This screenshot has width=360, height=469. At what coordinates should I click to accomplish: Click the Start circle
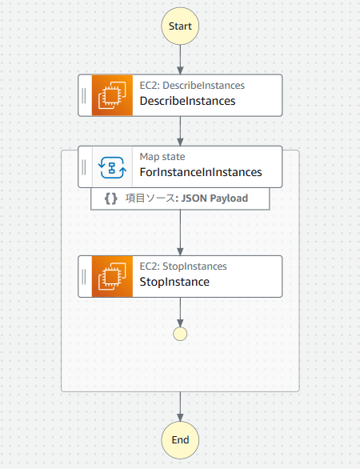coord(180,26)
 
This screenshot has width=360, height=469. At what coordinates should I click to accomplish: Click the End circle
coord(180,440)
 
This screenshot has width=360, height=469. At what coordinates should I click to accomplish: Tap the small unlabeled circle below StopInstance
coord(180,334)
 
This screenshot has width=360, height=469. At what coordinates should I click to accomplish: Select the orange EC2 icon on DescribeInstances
coord(112,95)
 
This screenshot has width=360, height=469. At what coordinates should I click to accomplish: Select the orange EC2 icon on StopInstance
coord(112,276)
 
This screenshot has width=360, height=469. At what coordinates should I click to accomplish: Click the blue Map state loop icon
coord(112,167)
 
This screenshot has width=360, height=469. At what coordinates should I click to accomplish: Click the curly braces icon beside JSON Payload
coord(111,198)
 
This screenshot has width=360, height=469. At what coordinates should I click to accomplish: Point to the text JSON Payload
coord(214,198)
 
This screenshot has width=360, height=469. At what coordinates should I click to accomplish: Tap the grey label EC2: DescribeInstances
coord(192,86)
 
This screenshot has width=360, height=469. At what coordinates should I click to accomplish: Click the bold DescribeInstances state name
coord(187,101)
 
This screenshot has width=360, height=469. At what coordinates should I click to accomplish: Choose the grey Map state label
coord(162,157)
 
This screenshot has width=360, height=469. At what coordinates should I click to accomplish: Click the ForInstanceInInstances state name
coord(201,172)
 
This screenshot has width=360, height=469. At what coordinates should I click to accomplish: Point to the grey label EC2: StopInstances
coord(183,267)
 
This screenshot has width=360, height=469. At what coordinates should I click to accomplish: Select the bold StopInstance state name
coord(174,282)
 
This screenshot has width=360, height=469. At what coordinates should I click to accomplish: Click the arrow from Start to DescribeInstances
coord(180,59)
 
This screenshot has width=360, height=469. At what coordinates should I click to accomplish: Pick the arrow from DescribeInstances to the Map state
coord(180,131)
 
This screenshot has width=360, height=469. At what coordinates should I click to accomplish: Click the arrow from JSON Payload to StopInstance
coord(180,233)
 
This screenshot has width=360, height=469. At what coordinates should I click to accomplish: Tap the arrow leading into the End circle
coord(180,407)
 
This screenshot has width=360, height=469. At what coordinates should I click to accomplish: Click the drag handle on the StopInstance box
coord(84,276)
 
